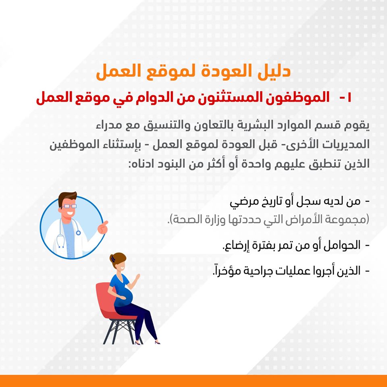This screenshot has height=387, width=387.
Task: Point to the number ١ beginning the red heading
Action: pyautogui.click(x=349, y=98)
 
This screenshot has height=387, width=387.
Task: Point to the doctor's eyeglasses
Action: pyautogui.click(x=69, y=206)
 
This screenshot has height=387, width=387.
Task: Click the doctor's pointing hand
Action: pyautogui.click(x=103, y=227)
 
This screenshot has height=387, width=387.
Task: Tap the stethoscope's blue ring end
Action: pyautogui.click(x=78, y=233)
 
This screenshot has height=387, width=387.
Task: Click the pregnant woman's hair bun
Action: pyautogui.click(x=112, y=259)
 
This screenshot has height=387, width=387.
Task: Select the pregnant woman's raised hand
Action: pyautogui.click(x=137, y=277)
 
